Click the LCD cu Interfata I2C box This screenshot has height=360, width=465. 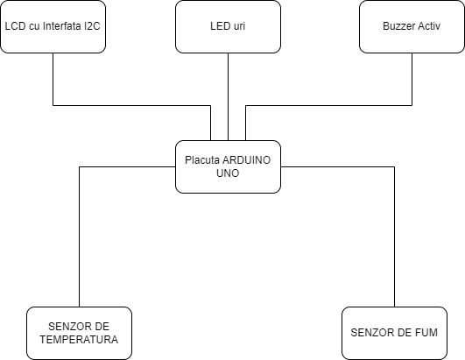point(53,26)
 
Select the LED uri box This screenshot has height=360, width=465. point(228,26)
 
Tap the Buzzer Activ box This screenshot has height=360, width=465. point(412,26)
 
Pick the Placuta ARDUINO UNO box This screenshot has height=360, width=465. point(228,166)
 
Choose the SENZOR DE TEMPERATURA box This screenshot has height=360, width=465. point(79,333)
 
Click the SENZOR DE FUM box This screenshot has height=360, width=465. point(394,333)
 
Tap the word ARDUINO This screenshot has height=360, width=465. point(246,160)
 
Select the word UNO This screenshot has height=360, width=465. point(228,173)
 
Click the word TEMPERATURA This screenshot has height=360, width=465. point(79,340)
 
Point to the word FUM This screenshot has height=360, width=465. point(426,333)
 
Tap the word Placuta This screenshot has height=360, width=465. point(202,160)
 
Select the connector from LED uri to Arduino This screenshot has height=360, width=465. point(228,96)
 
